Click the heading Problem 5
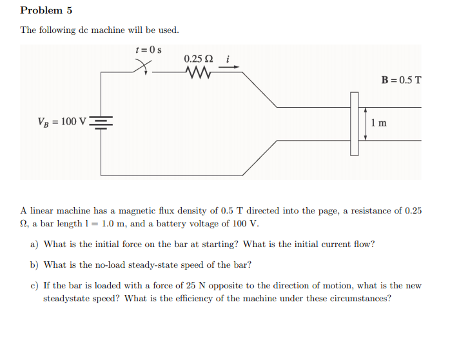pyautogui.click(x=46, y=10)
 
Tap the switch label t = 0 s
pyautogui.click(x=148, y=50)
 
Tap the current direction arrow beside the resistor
pyautogui.click(x=233, y=73)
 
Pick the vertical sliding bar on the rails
pyautogui.click(x=354, y=123)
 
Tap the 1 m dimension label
pyautogui.click(x=380, y=123)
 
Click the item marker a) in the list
pyautogui.click(x=34, y=245)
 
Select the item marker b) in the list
pyautogui.click(x=34, y=265)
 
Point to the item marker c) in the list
pyautogui.click(x=34, y=285)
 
